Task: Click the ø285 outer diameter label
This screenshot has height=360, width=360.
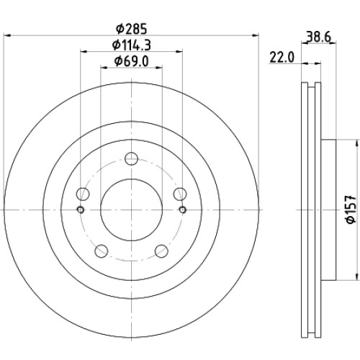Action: pyautogui.click(x=131, y=29)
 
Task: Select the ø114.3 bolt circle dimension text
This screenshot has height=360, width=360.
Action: pyautogui.click(x=132, y=45)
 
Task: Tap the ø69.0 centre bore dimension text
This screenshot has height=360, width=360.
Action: pyautogui.click(x=132, y=61)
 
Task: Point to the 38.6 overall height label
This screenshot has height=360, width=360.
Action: pyautogui.click(x=319, y=37)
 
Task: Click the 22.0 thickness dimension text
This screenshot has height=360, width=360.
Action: pyautogui.click(x=282, y=58)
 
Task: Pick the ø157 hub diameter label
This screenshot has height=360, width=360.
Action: pyautogui.click(x=351, y=210)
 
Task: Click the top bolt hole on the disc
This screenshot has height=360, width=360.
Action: pyautogui.click(x=132, y=158)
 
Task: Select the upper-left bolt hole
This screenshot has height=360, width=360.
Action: pyautogui.click(x=83, y=194)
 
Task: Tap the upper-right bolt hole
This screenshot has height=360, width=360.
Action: pyautogui.click(x=180, y=194)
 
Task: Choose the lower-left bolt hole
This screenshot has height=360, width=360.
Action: pyautogui.click(x=102, y=251)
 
